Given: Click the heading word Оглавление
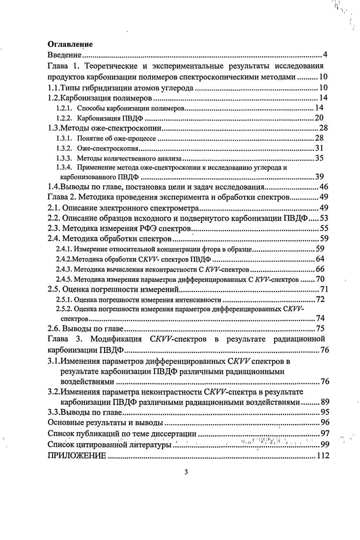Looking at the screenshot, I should coord(70,44).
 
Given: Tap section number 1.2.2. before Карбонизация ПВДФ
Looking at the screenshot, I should coord(64,118).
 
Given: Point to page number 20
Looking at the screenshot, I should coord(323,118).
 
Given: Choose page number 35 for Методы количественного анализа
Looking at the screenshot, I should coord(323,159).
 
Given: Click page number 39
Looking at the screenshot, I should coord(323,177).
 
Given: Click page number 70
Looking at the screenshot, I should coord(323,279).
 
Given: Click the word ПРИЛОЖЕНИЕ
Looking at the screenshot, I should coord(76,456).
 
